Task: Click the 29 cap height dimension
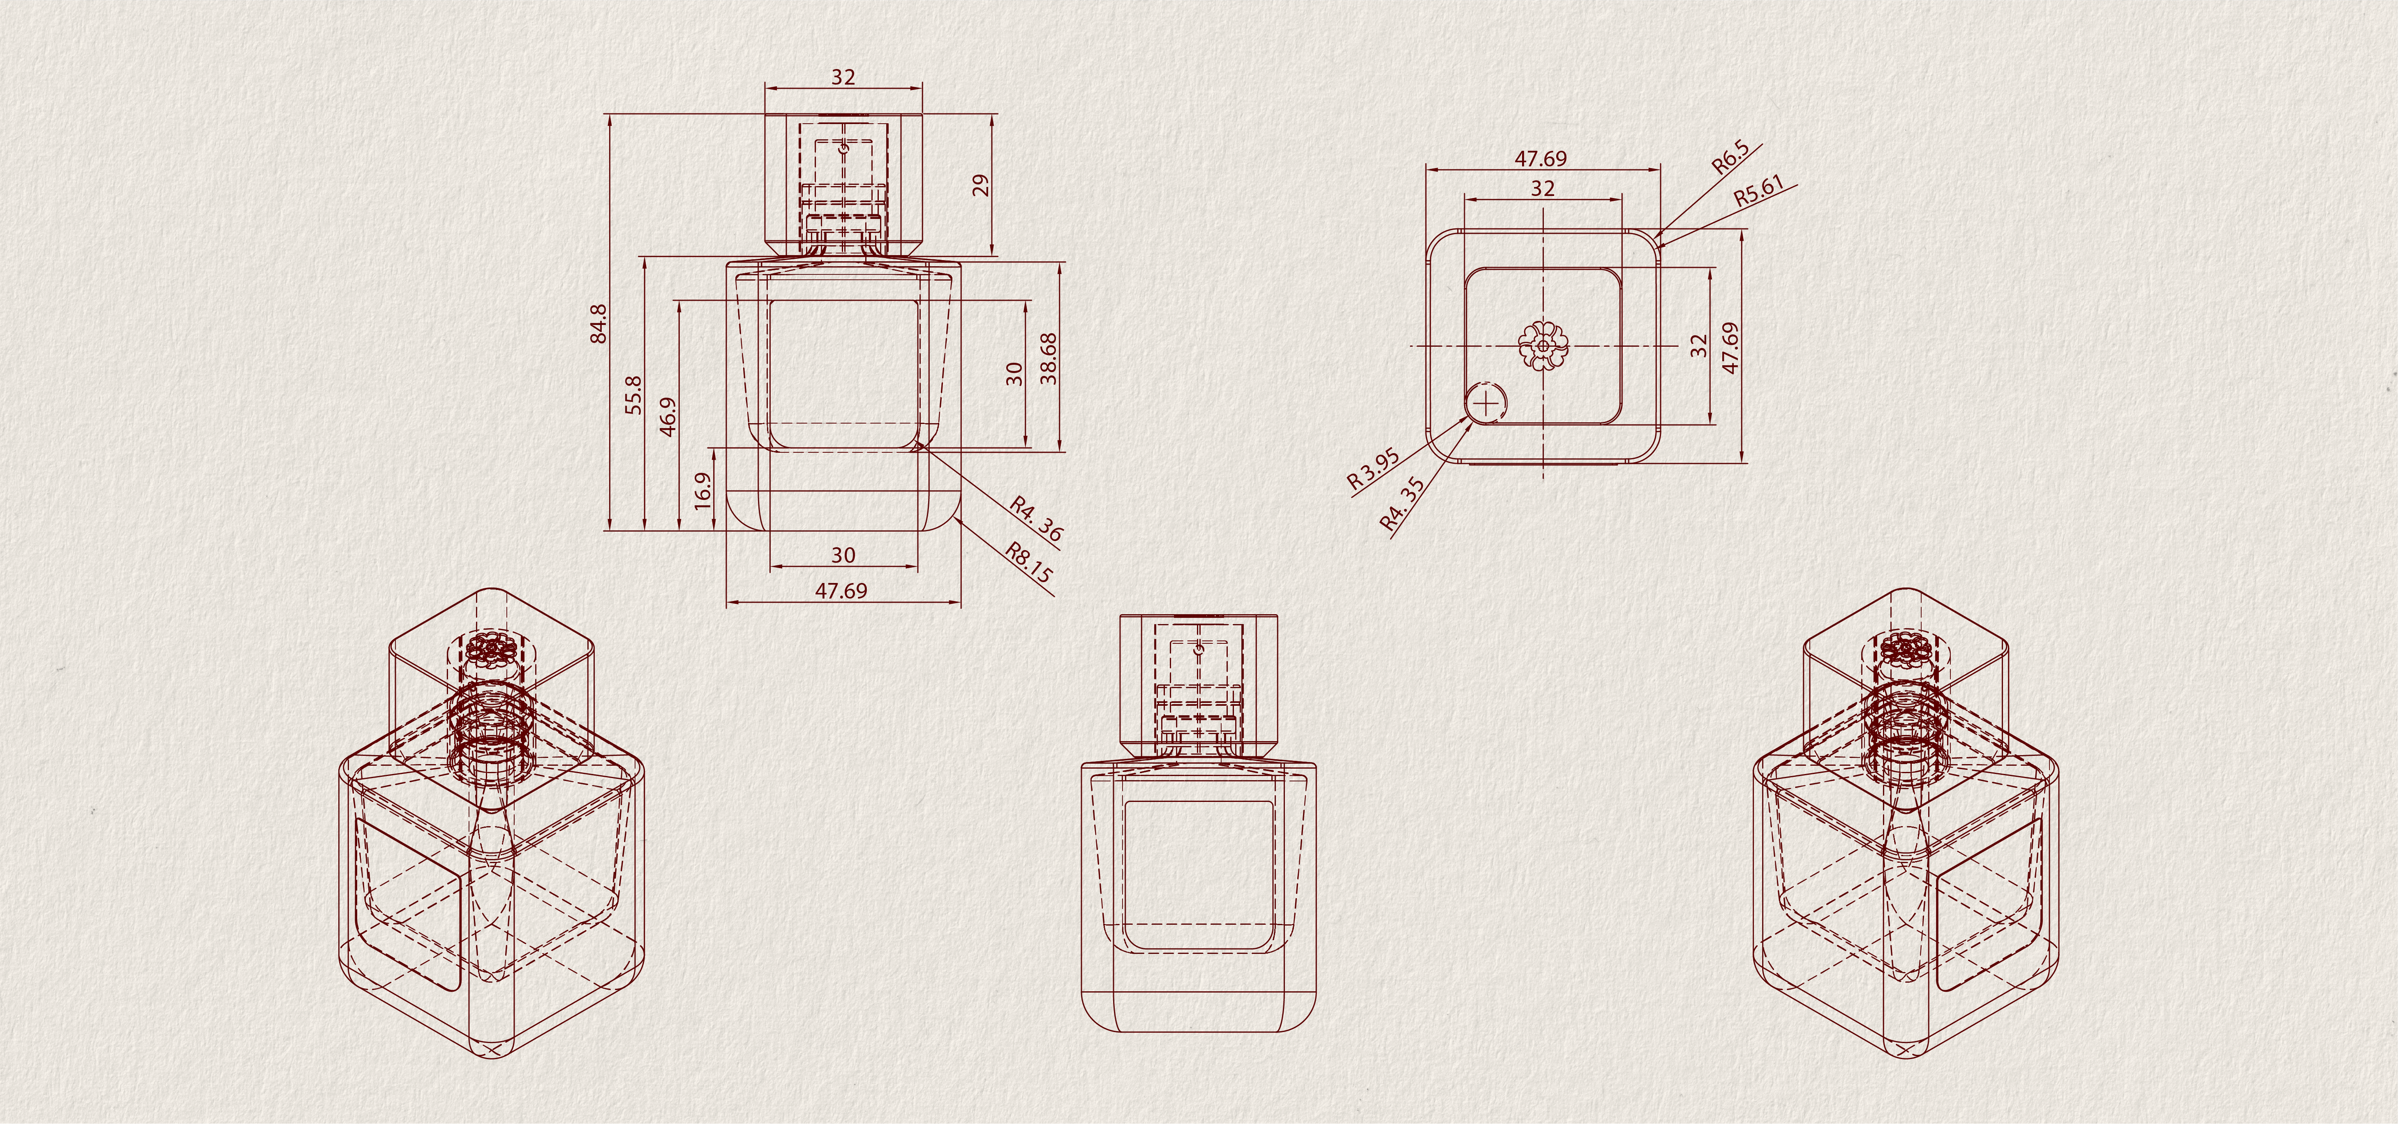980,185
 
